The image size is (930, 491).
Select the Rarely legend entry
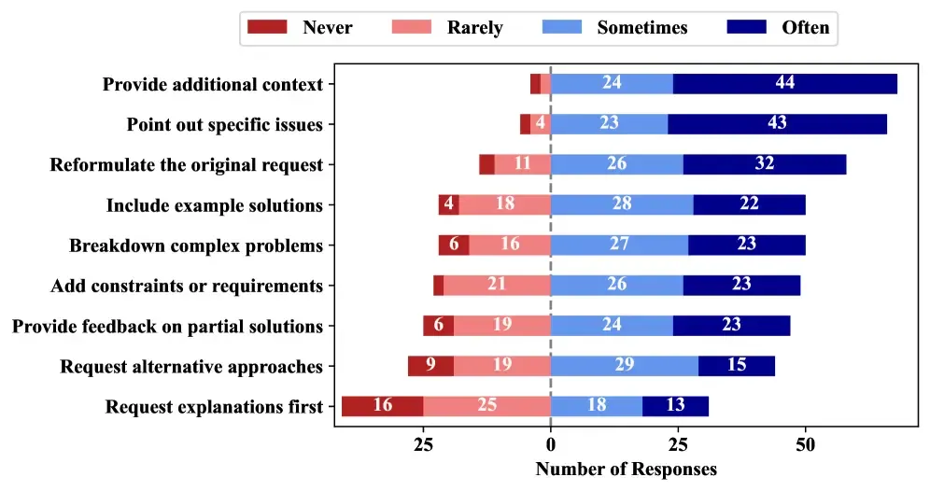[x=438, y=27]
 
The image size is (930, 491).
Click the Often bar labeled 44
[x=785, y=84]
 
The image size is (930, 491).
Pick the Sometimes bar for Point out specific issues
[x=609, y=124]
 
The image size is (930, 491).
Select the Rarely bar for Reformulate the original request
[x=523, y=165]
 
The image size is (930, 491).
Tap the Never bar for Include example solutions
[x=449, y=205]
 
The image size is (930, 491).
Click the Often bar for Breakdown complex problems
[x=747, y=245]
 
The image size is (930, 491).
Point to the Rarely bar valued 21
[x=497, y=286]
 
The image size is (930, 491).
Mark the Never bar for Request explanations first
[x=382, y=406]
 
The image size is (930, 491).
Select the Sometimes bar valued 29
[x=625, y=366]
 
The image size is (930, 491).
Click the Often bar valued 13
[x=675, y=406]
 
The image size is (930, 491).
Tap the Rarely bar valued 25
[x=486, y=406]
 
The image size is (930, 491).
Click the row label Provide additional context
[x=213, y=84]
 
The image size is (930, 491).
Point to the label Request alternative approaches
[x=191, y=366]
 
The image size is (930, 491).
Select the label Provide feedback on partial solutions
[x=167, y=326]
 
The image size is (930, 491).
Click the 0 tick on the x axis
[x=551, y=444]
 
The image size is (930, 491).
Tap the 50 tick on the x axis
[x=805, y=444]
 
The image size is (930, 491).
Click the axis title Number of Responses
[x=626, y=469]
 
